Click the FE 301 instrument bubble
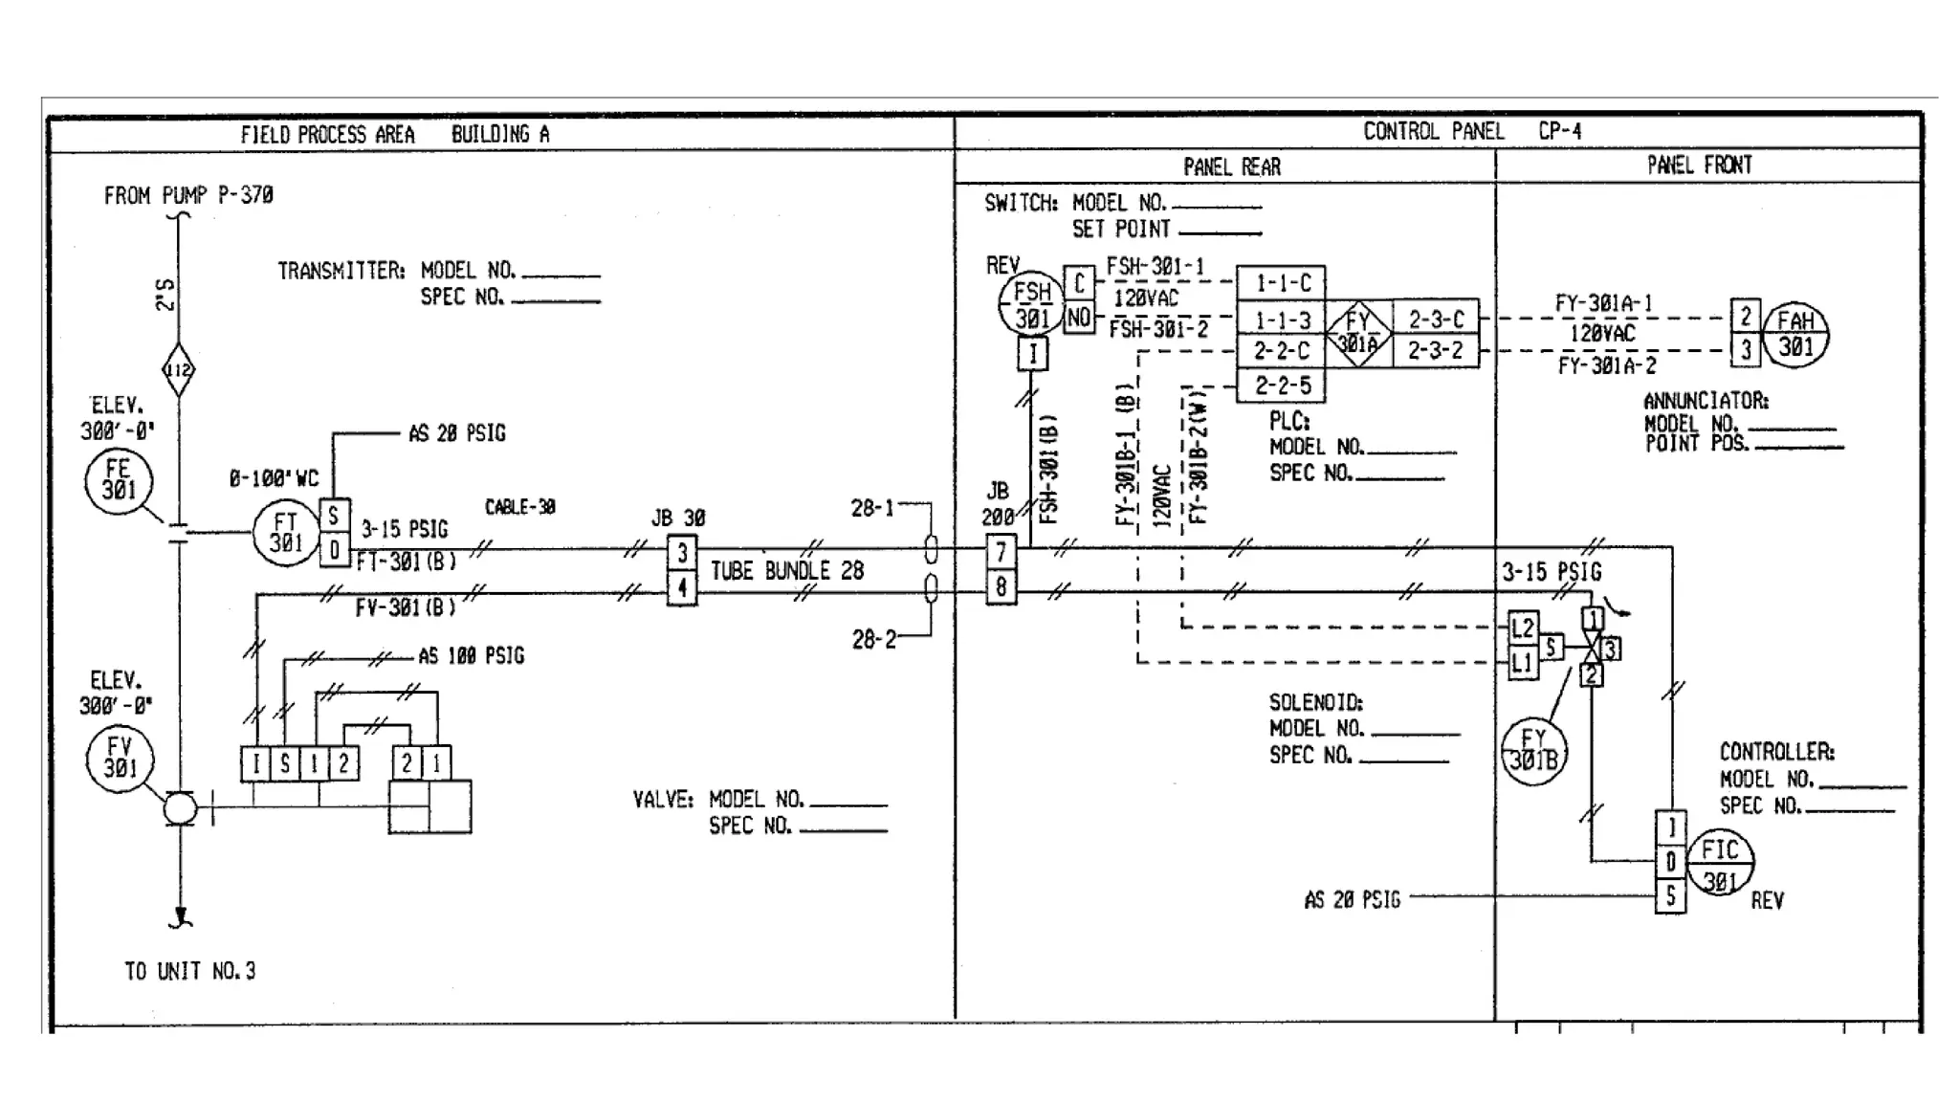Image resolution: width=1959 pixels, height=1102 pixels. click(119, 481)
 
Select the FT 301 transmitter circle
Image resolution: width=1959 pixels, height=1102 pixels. click(285, 533)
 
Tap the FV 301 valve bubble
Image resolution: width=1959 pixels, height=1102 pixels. click(120, 758)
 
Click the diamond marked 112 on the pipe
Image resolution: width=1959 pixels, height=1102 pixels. click(178, 370)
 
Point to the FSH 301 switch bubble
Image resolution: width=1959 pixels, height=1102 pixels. click(1031, 305)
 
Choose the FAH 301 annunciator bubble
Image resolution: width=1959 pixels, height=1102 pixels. click(1795, 335)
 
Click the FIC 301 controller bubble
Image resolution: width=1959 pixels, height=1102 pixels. click(1719, 862)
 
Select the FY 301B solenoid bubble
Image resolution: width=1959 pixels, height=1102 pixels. click(1533, 750)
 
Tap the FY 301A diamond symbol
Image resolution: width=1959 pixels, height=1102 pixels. click(1357, 332)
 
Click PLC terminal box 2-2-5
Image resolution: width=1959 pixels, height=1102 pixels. click(1281, 386)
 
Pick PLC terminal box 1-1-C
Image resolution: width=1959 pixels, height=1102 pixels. click(1281, 283)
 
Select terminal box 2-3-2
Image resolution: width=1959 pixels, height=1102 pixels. click(1435, 351)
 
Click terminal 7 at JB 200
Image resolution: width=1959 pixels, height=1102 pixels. click(1001, 551)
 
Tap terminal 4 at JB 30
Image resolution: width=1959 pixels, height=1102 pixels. click(681, 587)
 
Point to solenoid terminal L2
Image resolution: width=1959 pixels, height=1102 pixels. click(1523, 628)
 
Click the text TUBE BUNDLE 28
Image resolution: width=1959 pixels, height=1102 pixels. click(786, 571)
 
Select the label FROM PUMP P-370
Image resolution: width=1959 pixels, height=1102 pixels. click(188, 195)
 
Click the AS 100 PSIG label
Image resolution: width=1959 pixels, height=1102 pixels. click(471, 656)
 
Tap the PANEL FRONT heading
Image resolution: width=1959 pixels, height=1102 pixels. click(1699, 165)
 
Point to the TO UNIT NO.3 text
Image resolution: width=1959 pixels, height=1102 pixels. click(190, 971)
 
